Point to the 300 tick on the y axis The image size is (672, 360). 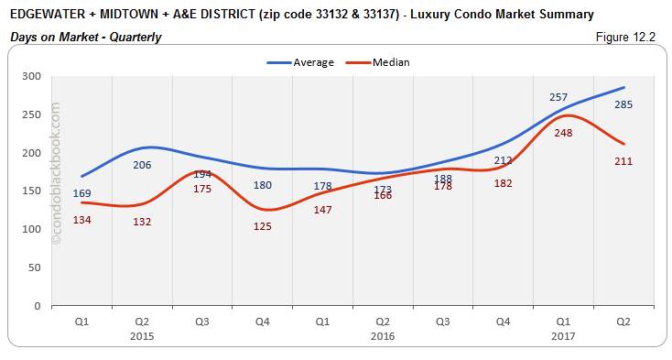coord(38,76)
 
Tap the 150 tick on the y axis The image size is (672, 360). coord(38,191)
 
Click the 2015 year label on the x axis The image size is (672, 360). coord(142,336)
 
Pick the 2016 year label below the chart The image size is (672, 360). coord(384,336)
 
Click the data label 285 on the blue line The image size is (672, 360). coord(623,104)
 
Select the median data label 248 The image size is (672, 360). coord(564,133)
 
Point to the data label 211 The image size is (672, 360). coord(623,161)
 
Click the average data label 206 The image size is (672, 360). coord(141,165)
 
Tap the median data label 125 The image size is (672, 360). coord(263,226)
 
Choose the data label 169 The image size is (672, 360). coord(81,193)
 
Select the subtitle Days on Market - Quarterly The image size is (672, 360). coord(87,38)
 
